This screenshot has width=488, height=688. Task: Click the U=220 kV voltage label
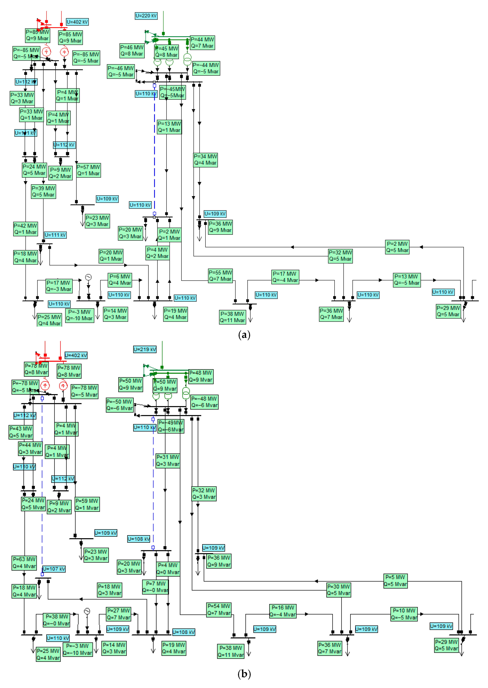pyautogui.click(x=146, y=16)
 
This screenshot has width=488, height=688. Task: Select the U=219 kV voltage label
pyautogui.click(x=145, y=349)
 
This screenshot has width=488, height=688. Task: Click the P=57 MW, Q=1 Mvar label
pyautogui.click(x=88, y=170)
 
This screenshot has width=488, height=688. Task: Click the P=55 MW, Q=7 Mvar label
pyautogui.click(x=220, y=276)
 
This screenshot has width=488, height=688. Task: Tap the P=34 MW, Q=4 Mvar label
pyautogui.click(x=205, y=160)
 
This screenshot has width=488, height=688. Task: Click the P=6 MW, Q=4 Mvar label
pyautogui.click(x=120, y=280)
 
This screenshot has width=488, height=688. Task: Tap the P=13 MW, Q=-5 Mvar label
pyautogui.click(x=407, y=280)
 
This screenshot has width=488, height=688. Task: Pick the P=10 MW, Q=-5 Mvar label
pyautogui.click(x=404, y=614)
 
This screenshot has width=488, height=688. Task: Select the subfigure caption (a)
pyautogui.click(x=244, y=335)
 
